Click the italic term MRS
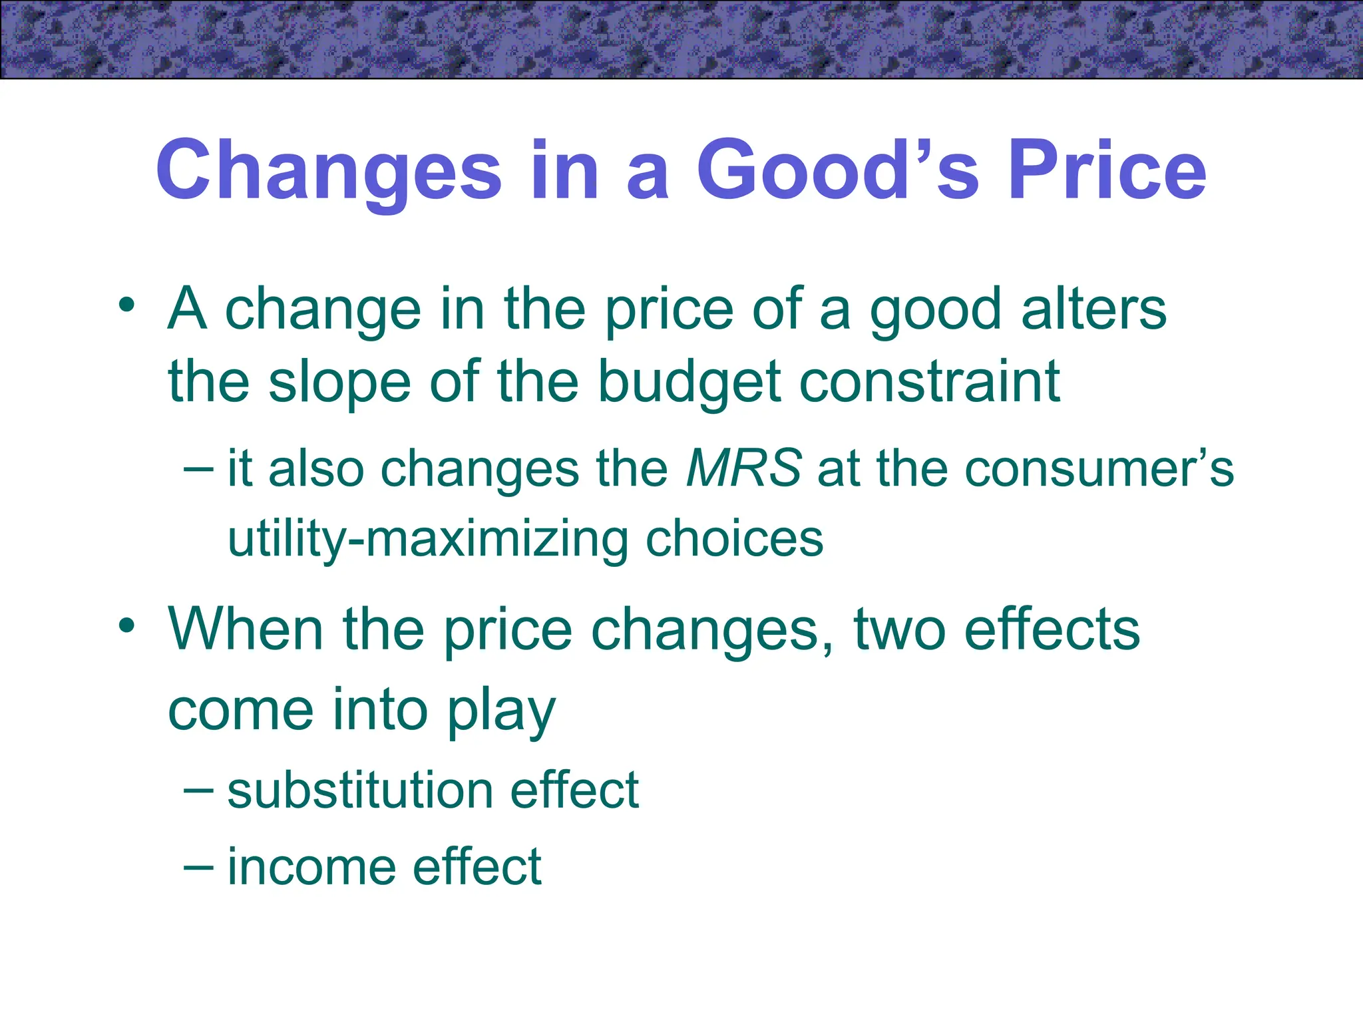pyautogui.click(x=743, y=468)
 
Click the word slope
pyautogui.click(x=339, y=382)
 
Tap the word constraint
pyautogui.click(x=929, y=382)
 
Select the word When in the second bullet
pyautogui.click(x=246, y=629)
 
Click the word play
pyautogui.click(x=500, y=711)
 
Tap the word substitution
pyautogui.click(x=359, y=790)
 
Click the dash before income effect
pyautogui.click(x=198, y=866)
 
